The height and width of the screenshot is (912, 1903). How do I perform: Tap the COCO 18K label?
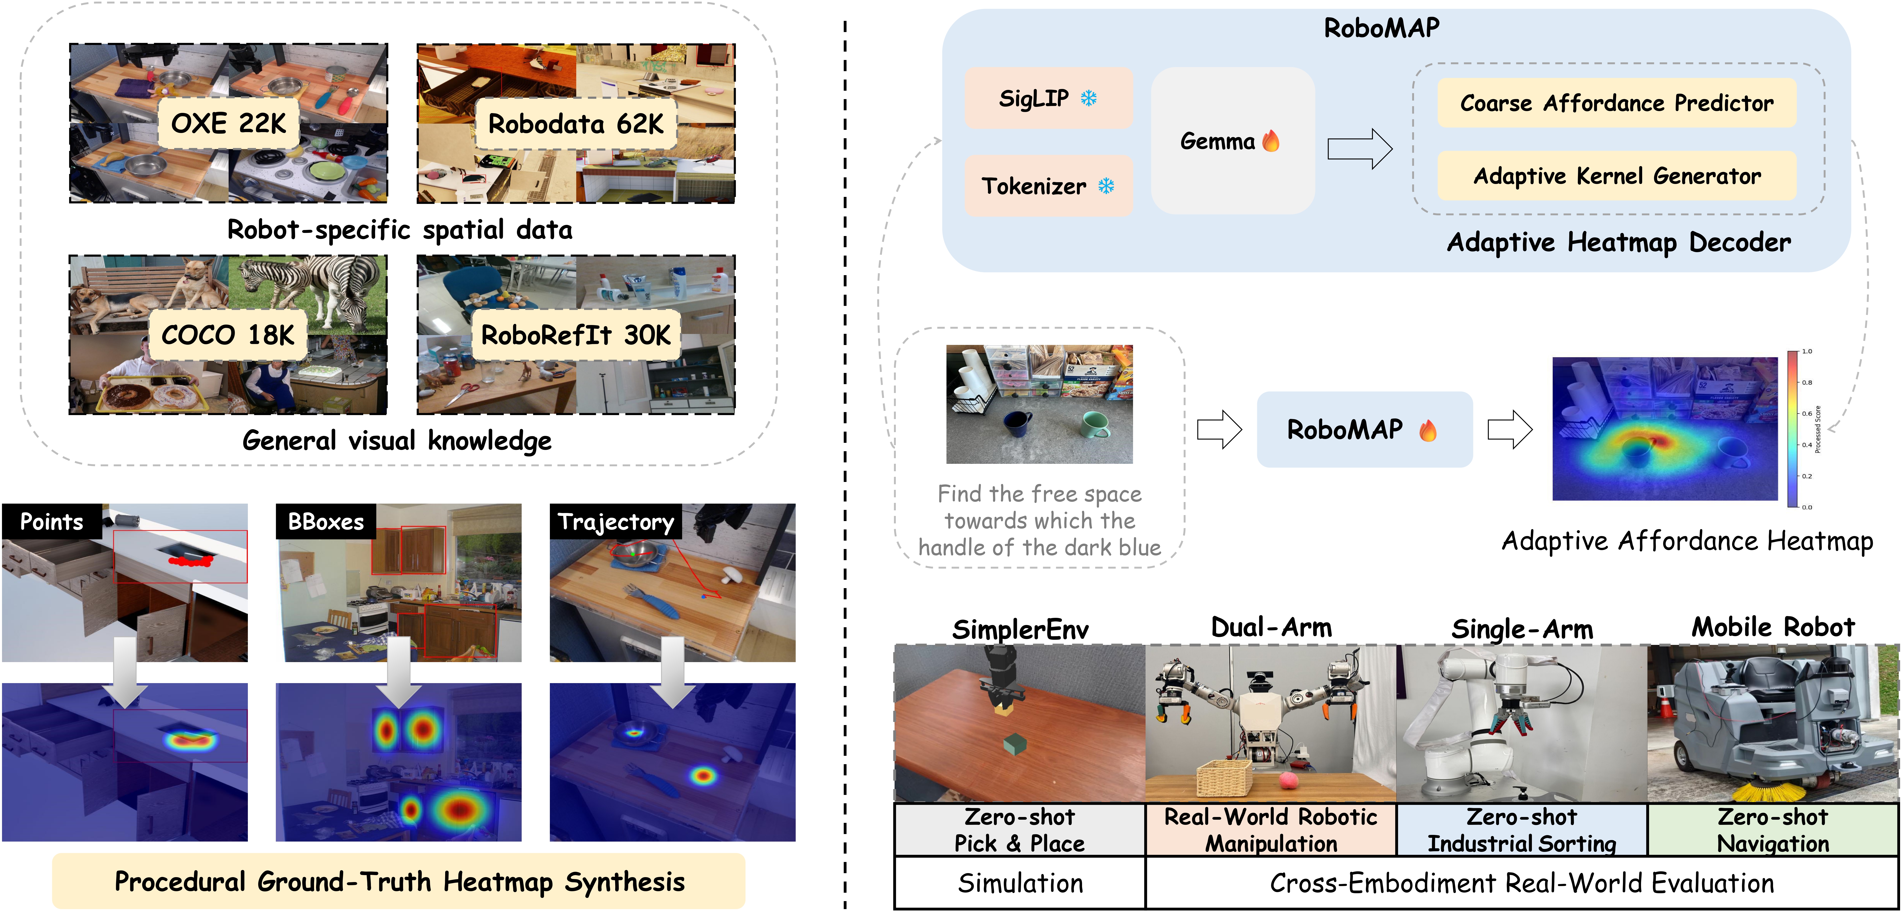[x=228, y=335]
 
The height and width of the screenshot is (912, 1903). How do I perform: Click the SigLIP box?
[x=1048, y=98]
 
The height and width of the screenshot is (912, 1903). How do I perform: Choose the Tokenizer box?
[x=1048, y=185]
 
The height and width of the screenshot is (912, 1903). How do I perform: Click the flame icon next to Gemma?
[x=1271, y=140]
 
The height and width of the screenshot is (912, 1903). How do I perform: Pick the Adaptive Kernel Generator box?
[x=1616, y=176]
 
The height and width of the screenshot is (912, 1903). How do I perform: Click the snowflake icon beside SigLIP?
[x=1089, y=98]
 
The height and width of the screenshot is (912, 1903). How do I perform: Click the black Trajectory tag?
[x=615, y=521]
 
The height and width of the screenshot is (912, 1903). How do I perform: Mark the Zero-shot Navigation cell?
[x=1773, y=830]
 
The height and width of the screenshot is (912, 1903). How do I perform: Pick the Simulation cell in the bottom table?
[x=1019, y=883]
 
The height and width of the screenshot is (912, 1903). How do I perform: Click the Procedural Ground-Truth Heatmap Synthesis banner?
[x=399, y=882]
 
